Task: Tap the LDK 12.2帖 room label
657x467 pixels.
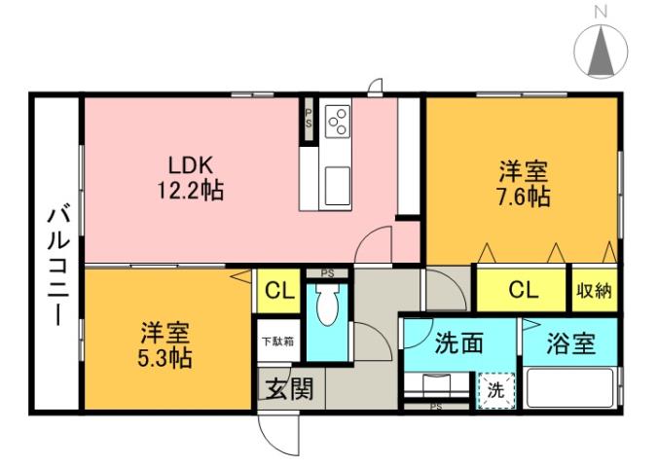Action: coord(191,176)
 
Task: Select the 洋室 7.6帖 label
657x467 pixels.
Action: coord(523,184)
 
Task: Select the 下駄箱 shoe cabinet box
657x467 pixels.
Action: coord(278,341)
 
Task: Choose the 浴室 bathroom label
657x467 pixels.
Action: coord(568,344)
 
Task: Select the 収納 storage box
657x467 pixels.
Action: coord(593,289)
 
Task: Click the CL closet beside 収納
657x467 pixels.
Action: coord(522,289)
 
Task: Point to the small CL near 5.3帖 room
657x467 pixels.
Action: coord(279,290)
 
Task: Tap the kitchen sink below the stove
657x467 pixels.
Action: coord(338,184)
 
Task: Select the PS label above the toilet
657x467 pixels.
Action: coord(327,273)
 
